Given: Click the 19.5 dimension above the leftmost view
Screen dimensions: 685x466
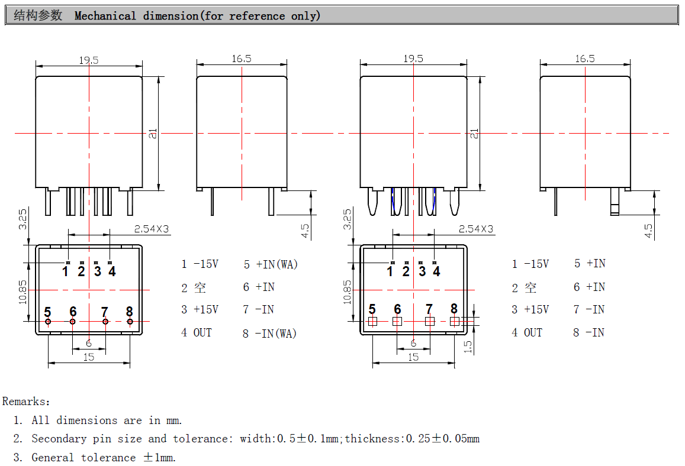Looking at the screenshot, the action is tap(89, 60).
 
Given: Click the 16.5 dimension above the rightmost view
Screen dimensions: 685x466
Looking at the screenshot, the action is tap(585, 59).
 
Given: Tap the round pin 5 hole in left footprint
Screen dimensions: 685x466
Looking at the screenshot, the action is tap(48, 322).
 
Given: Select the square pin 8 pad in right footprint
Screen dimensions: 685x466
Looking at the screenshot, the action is tap(454, 322).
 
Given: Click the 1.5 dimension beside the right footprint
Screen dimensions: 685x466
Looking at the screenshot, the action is tap(468, 347).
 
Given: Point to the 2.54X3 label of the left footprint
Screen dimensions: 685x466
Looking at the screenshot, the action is tap(152, 229).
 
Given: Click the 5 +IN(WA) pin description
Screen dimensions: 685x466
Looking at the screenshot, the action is tap(271, 264).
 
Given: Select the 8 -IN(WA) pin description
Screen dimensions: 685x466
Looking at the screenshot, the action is tap(270, 334).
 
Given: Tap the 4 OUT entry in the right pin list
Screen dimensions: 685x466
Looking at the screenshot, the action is tap(527, 333).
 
